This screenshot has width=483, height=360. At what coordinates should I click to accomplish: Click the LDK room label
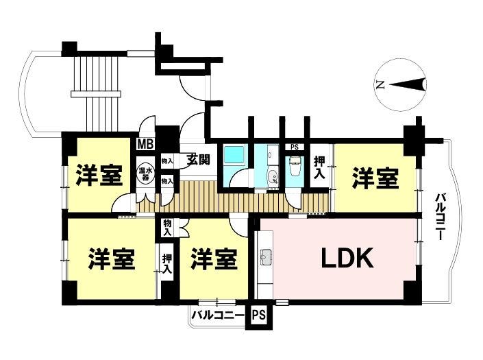[347, 259]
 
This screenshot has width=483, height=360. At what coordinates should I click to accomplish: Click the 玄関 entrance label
[198, 160]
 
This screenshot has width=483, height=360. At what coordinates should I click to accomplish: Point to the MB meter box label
[145, 144]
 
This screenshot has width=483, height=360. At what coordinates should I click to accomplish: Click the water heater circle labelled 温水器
[145, 173]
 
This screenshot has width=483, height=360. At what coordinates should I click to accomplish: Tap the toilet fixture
[295, 167]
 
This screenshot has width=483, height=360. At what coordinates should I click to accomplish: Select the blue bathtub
[234, 156]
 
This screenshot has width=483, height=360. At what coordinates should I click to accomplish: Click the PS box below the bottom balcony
[258, 316]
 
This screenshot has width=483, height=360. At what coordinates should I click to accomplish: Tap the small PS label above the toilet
[295, 147]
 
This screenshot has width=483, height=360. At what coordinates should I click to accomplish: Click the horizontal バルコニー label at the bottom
[217, 316]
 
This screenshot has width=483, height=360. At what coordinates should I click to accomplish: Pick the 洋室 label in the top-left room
[99, 176]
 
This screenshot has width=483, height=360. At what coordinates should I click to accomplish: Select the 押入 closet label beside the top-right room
[319, 167]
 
